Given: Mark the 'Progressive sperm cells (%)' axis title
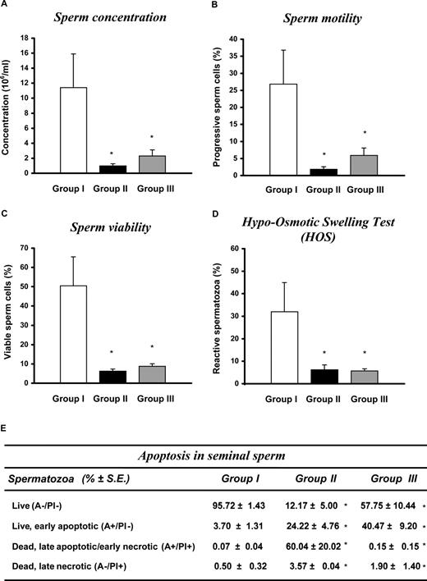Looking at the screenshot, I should coord(237,107).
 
